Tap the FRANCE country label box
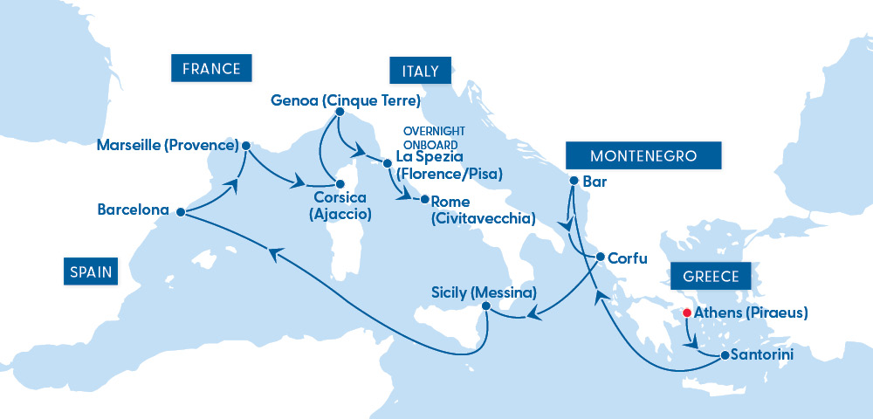tap(211, 67)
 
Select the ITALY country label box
tap(415, 70)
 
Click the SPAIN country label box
tap(90, 271)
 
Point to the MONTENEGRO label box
tap(643, 156)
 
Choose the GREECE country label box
tap(711, 278)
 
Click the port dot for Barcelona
tap(180, 211)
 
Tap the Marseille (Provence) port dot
tap(245, 146)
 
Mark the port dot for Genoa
tap(340, 111)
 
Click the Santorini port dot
tap(724, 356)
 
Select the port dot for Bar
tap(573, 181)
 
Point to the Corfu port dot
tap(601, 257)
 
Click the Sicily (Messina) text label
tap(484, 292)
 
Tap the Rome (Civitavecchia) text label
tap(483, 209)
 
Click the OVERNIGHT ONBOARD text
tap(433, 136)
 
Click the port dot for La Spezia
tap(386, 162)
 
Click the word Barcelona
tap(134, 209)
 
